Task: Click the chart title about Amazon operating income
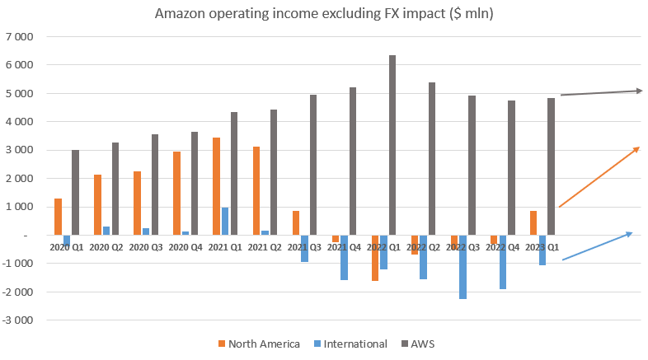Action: click(324, 14)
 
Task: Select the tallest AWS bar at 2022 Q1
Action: click(392, 145)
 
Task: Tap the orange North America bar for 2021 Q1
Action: click(216, 186)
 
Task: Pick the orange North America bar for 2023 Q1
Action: click(533, 222)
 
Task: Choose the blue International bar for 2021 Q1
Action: click(225, 221)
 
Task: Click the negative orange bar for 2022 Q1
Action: click(375, 258)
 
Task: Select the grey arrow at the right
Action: click(601, 93)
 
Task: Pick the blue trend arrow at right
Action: click(598, 246)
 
